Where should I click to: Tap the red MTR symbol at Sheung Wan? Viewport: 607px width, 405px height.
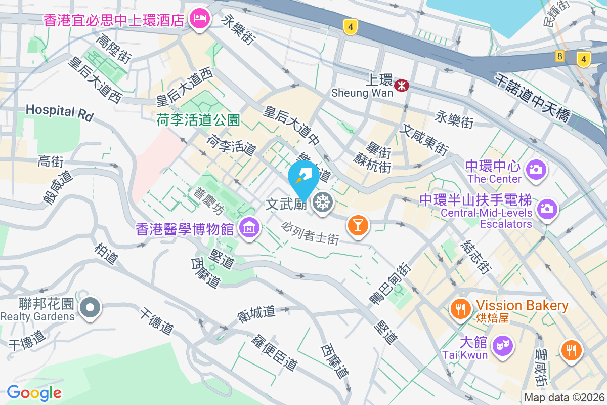coord(402,85)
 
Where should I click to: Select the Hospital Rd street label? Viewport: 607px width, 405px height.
coord(60,112)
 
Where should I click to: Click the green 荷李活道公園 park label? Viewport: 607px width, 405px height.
coord(197,120)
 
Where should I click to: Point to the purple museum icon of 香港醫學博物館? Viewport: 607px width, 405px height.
coord(249,228)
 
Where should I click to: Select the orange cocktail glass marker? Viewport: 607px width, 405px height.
coord(358,224)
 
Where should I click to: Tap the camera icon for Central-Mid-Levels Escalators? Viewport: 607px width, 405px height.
coord(546,208)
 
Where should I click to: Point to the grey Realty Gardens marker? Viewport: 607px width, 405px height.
coord(91,307)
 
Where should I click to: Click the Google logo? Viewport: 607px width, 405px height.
coord(34,393)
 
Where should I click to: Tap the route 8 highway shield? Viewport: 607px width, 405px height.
coord(559,56)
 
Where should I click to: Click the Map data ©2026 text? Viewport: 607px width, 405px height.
coord(564,397)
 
